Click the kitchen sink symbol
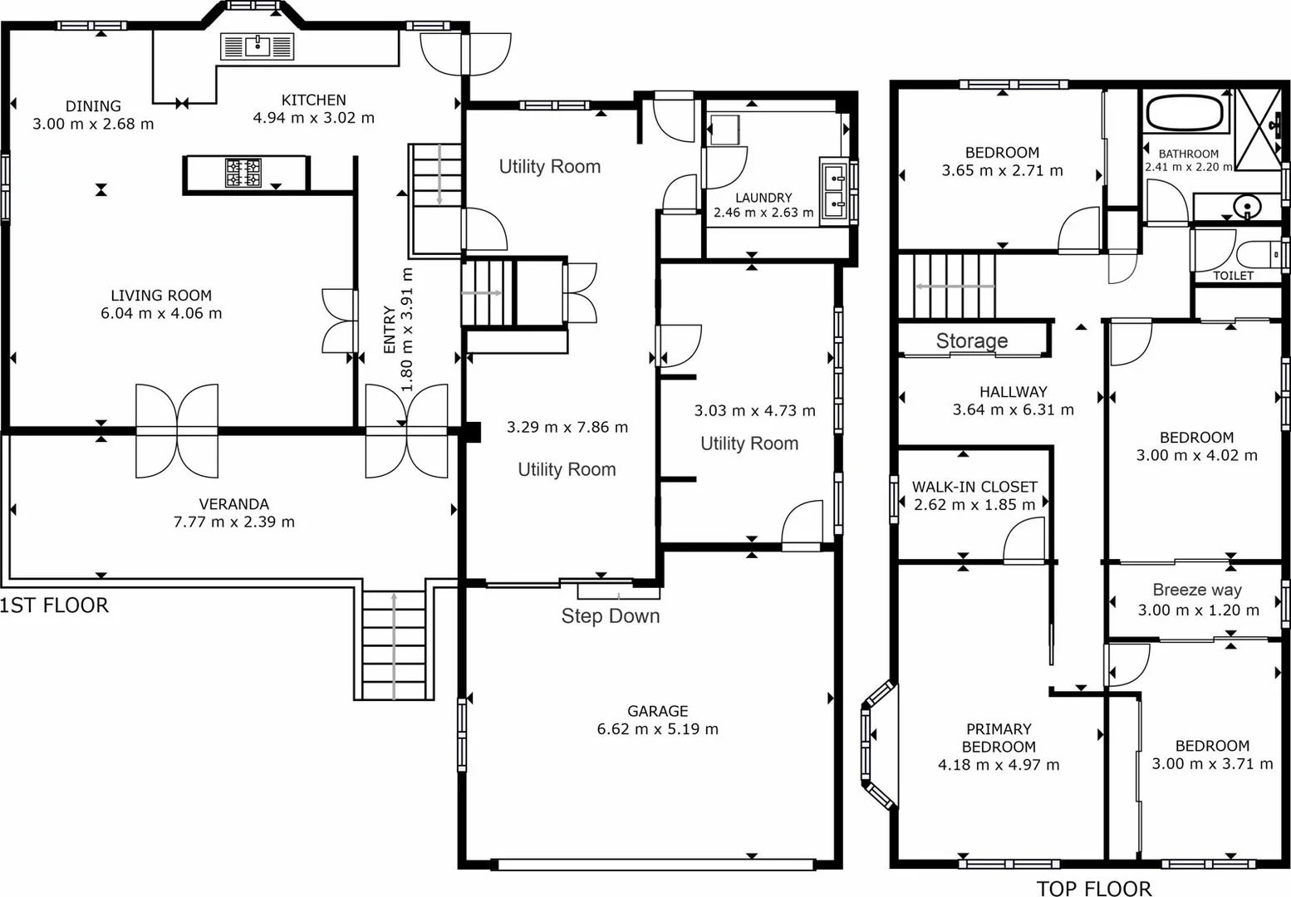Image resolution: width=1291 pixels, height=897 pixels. [x=258, y=47]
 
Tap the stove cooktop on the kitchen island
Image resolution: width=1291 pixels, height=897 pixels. [x=243, y=174]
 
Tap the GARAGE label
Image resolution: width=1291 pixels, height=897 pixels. [x=657, y=711]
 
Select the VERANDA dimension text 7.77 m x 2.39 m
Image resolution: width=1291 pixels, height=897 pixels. [x=233, y=522]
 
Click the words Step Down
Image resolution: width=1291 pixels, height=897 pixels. [x=610, y=616]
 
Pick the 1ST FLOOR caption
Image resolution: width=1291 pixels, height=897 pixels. [x=54, y=605]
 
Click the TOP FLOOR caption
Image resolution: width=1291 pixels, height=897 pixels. [x=1093, y=889]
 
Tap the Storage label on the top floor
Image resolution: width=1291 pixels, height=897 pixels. [x=971, y=341]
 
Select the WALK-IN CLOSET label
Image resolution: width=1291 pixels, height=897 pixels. [x=974, y=487]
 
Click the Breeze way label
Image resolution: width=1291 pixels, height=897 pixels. [x=1196, y=590]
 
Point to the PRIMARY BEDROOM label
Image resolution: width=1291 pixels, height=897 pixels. [x=998, y=738]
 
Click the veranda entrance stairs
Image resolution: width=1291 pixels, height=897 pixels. [x=394, y=644]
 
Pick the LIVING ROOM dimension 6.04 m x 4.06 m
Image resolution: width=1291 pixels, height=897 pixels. [x=160, y=313]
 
